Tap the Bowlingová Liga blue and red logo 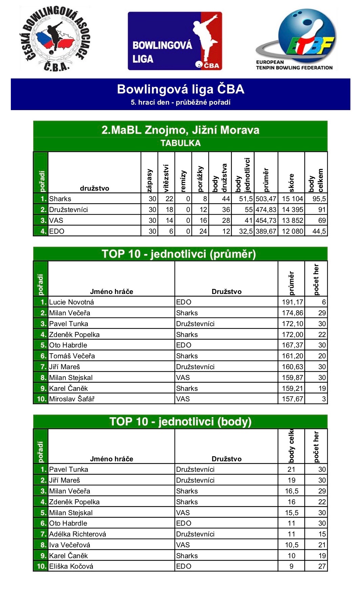click(175, 41)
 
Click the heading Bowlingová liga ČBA click(181, 89)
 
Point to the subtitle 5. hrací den click(181, 102)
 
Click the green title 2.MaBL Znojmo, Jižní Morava click(181, 130)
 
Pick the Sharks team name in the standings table click(60, 199)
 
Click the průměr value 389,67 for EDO click(266, 231)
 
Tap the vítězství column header click(166, 178)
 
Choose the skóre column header click(291, 183)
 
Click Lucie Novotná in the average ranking click(71, 302)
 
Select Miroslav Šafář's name click(72, 399)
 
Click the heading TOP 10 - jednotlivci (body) click(181, 422)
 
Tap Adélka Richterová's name click(78, 534)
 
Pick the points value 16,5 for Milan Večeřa click(291, 491)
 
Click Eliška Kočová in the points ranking click(71, 566)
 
